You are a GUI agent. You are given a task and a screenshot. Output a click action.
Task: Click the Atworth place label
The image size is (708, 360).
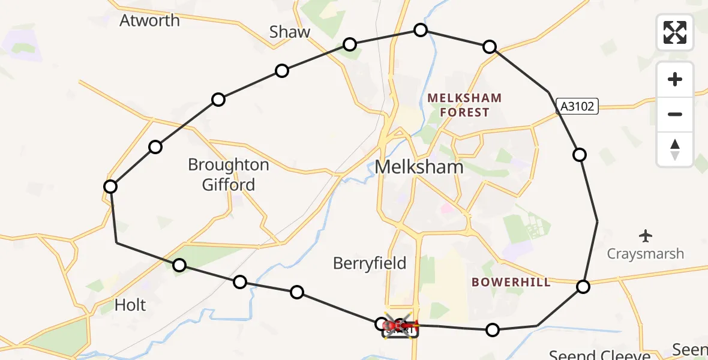point(149,20)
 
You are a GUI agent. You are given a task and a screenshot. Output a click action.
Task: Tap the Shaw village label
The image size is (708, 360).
point(290,32)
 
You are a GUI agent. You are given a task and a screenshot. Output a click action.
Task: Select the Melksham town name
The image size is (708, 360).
point(419,167)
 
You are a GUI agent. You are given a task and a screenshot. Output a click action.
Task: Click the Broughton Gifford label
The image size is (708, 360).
point(229,174)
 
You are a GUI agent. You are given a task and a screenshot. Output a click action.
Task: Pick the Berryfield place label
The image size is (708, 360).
point(370,263)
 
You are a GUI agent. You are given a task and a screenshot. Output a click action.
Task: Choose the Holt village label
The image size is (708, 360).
point(130,305)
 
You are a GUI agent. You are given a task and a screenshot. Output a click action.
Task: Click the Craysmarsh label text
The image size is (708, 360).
point(646,254)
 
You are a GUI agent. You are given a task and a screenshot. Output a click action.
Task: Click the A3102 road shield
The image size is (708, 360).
point(577,107)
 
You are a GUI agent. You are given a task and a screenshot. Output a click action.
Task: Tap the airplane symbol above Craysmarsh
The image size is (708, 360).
point(646,235)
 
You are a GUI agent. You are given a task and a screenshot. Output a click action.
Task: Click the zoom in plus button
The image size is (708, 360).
point(675,79)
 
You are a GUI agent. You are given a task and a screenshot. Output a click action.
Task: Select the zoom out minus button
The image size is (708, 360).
point(675,114)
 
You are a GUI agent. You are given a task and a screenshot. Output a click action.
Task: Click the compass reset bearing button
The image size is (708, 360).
point(675,149)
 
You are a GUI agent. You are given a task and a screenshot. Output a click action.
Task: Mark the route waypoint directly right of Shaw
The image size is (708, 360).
point(350,44)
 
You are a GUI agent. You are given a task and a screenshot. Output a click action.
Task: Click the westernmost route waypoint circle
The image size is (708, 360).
point(110,187)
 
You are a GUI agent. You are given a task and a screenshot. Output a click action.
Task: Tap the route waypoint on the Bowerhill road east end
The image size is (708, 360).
point(583,287)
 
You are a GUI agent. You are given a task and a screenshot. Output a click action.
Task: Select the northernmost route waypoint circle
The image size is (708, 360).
point(421,30)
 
